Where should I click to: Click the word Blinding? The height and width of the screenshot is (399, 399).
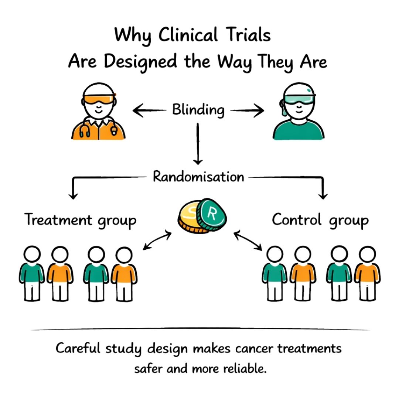[x=198, y=110]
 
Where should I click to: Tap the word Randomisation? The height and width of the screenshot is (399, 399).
[x=198, y=177]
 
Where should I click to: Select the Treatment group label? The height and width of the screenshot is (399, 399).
[x=81, y=221]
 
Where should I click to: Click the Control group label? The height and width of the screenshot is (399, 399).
[x=320, y=221]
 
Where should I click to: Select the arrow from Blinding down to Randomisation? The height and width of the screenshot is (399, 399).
[x=198, y=144]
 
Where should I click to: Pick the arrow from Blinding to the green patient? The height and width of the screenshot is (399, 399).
[x=248, y=110]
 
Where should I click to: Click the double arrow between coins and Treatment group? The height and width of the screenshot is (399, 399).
[x=157, y=241]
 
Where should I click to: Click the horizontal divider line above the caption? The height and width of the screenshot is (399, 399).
[x=199, y=329]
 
